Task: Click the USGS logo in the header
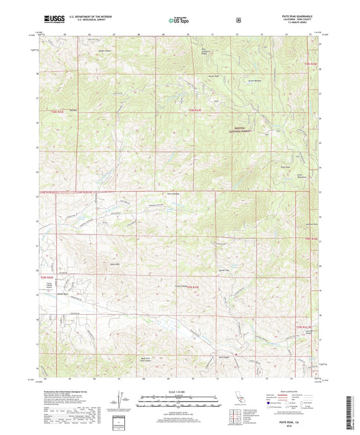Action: tap(51, 20)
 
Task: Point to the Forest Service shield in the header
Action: tap(238, 20)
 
